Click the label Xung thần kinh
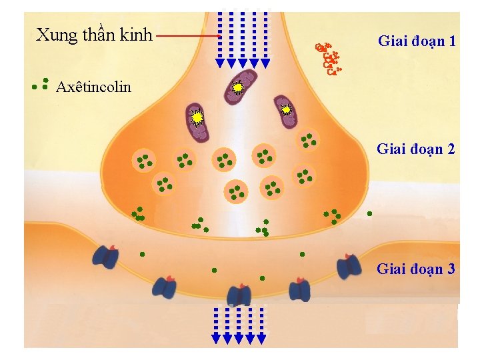94,35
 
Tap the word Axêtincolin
94,87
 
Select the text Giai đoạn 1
417,41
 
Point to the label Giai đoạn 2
416,149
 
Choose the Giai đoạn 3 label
416,269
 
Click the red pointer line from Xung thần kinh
189,35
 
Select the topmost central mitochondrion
239,87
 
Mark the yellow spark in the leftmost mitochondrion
197,118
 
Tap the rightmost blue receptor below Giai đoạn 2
349,266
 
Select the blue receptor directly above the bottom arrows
239,294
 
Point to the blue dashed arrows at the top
243,40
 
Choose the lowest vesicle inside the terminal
236,192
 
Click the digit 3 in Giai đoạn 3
451,269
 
